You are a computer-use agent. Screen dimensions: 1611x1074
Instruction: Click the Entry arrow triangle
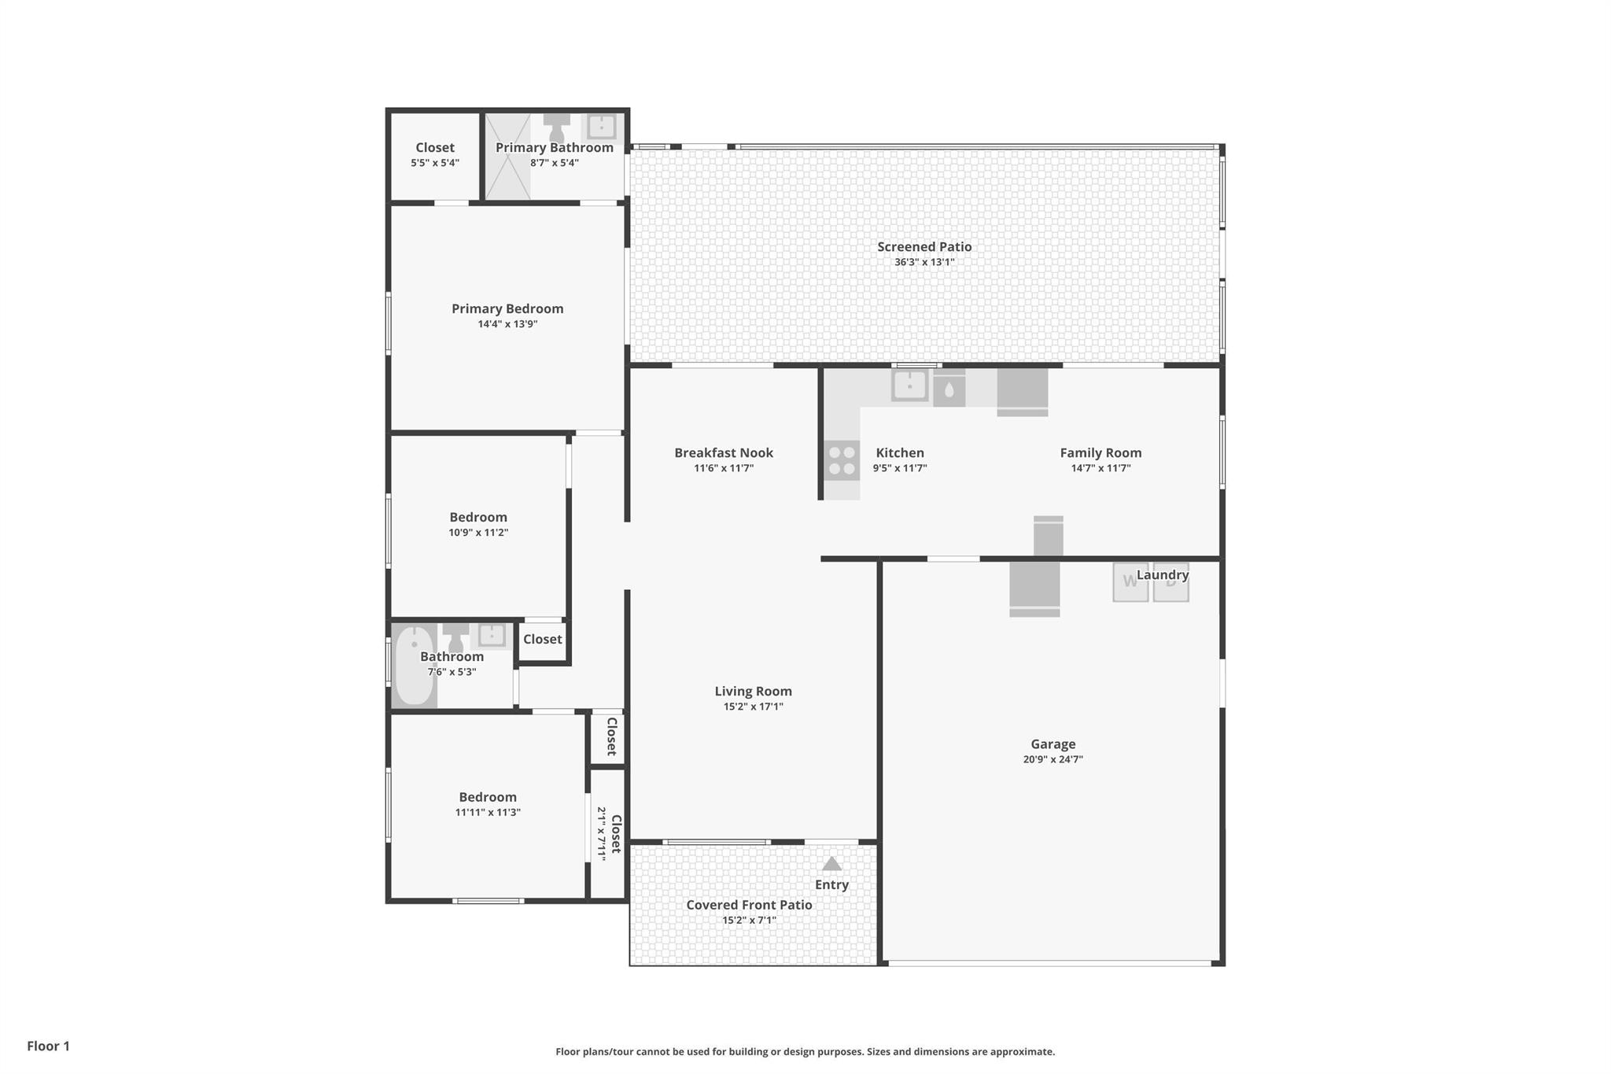coord(831,863)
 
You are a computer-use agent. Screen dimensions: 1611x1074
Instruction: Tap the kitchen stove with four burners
coord(842,461)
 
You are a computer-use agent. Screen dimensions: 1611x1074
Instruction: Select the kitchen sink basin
coord(909,386)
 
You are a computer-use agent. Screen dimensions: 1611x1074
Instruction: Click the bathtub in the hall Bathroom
coord(414,666)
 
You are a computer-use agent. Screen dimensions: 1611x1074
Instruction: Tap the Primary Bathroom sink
coord(602,126)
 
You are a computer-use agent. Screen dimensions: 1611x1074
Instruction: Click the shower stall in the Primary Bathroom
coord(507,157)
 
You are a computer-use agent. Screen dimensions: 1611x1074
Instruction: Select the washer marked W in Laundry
coord(1130,582)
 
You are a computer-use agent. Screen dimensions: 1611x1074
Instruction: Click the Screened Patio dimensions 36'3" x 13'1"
coord(924,262)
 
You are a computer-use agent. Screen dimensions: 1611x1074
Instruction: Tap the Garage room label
coord(1053,744)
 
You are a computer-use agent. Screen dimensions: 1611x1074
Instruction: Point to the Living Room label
coord(753,691)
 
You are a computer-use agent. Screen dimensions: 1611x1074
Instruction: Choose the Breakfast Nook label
coord(724,452)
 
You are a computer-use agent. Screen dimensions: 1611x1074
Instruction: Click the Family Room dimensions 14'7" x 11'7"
coord(1100,468)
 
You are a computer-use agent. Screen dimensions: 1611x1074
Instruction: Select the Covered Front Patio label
coord(749,905)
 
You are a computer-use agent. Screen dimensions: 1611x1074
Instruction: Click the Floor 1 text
coord(48,1046)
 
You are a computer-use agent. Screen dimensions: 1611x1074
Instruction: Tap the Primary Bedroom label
coord(507,308)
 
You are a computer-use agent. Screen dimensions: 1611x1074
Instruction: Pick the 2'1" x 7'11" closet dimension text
coord(601,833)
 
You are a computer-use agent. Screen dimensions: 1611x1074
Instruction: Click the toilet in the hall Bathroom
coord(455,638)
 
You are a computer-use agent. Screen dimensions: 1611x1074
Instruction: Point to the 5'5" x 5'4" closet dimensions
coord(435,163)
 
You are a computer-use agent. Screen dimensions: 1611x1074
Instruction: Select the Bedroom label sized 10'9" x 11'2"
coord(478,517)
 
